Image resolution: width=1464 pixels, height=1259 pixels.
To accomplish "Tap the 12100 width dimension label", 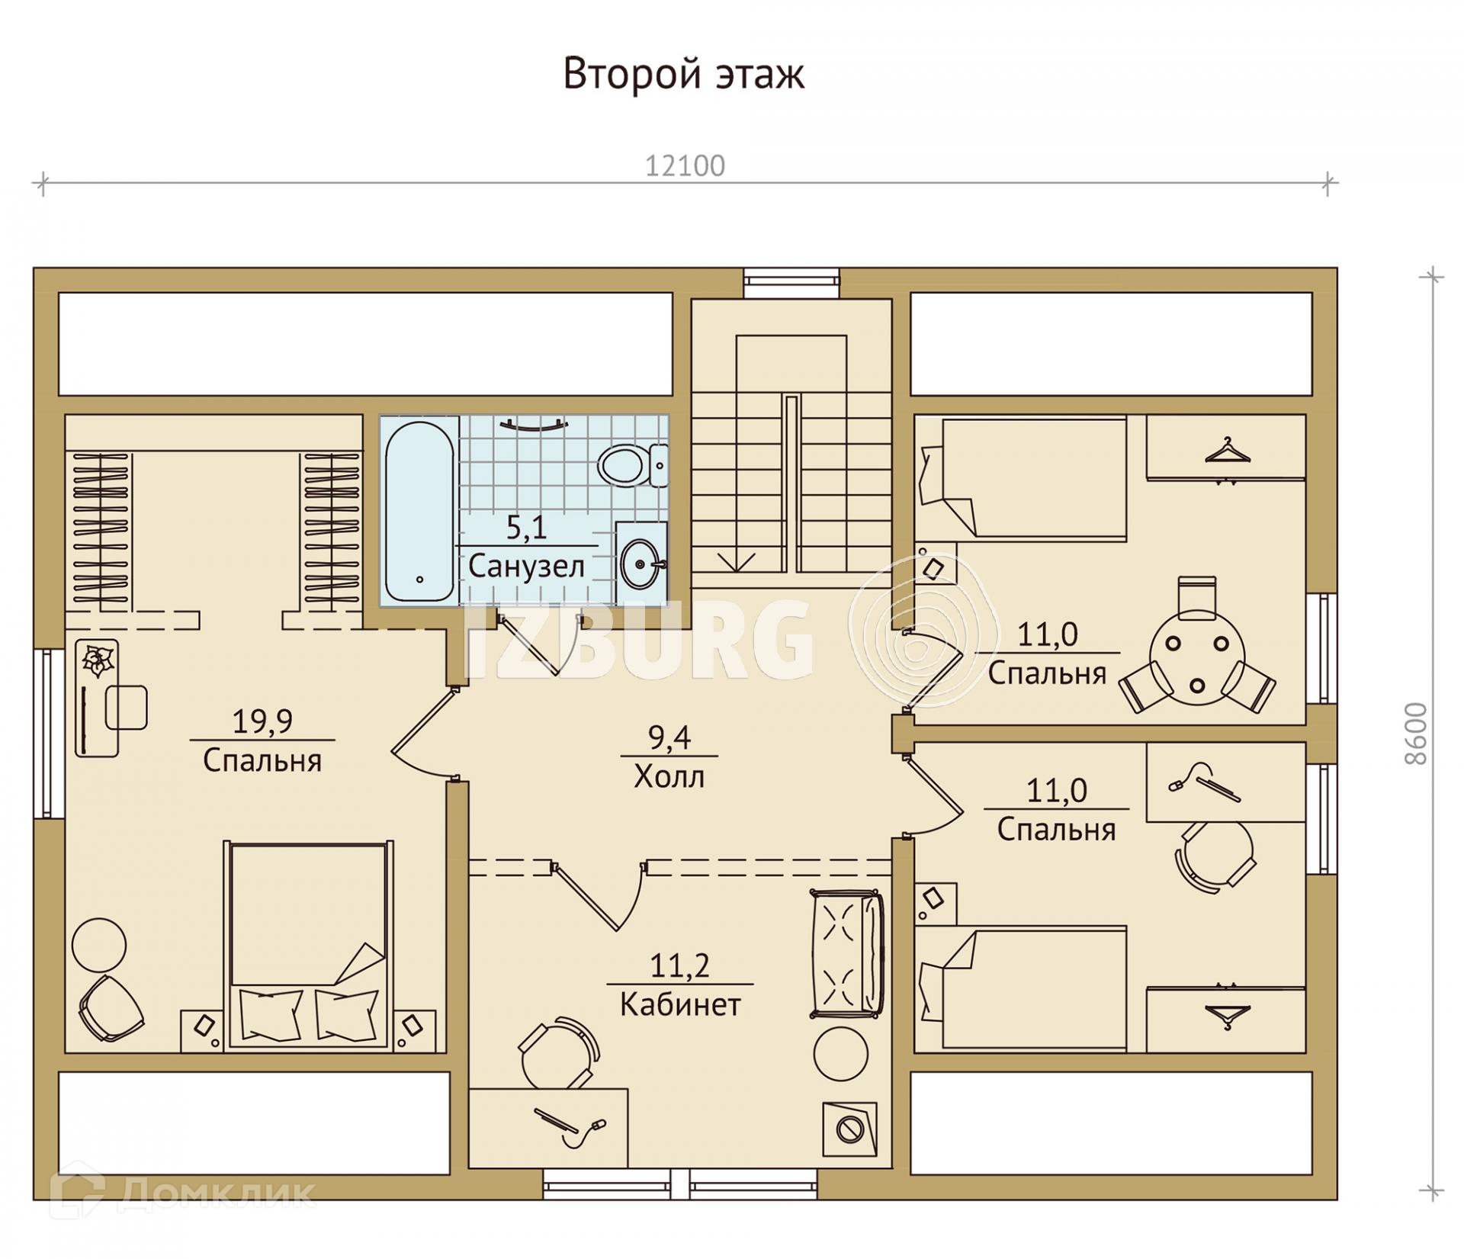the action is pyautogui.click(x=685, y=166).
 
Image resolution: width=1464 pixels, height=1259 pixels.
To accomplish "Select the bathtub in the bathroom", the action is pyautogui.click(x=419, y=512).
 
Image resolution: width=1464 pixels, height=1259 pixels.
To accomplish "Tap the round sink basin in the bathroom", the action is pyautogui.click(x=640, y=565).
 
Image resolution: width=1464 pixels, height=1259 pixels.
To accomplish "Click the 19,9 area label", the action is pyautogui.click(x=262, y=721).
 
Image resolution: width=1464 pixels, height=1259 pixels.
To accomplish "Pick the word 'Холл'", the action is pyautogui.click(x=669, y=777).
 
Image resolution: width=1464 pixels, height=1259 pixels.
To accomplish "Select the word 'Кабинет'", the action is pyautogui.click(x=680, y=1004).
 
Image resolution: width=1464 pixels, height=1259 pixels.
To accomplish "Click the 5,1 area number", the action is pyautogui.click(x=527, y=528).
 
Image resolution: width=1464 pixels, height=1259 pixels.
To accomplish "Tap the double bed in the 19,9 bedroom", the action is pyautogui.click(x=308, y=946).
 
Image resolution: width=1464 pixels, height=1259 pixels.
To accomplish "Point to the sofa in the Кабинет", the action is pyautogui.click(x=846, y=953).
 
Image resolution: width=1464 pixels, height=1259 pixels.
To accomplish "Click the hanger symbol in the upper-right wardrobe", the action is pyautogui.click(x=1227, y=451).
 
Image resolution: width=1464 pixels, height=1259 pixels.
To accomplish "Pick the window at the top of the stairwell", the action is pyautogui.click(x=791, y=282).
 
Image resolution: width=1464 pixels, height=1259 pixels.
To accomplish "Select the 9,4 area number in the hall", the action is pyautogui.click(x=669, y=738).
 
